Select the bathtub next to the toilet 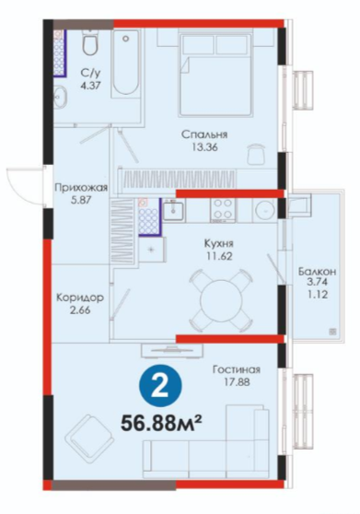125,64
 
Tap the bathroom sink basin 60,97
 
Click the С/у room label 90,72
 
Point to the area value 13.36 205,147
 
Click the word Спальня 204,134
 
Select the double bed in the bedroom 216,74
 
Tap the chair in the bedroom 257,154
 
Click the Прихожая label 81,188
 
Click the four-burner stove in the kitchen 223,210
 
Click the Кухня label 219,244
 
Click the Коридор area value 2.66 80,310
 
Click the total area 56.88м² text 160,423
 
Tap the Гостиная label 237,369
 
